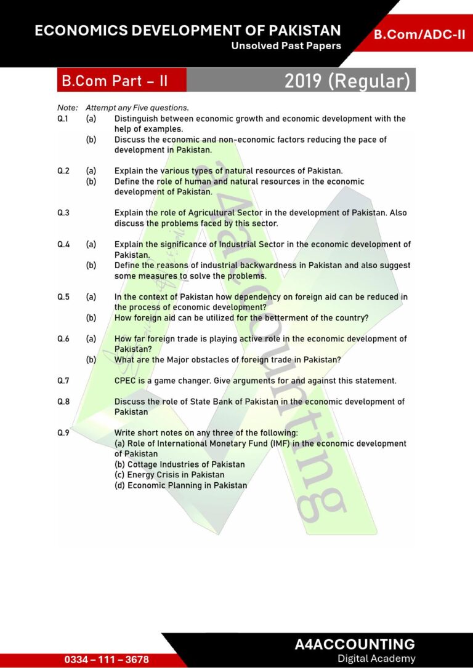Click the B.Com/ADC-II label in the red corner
tap(419, 34)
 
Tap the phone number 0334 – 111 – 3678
tap(107, 659)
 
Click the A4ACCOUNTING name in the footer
tap(355, 644)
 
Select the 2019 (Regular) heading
tap(347, 81)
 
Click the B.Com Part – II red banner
tap(115, 81)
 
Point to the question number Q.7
tap(63, 381)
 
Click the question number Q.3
tap(63, 213)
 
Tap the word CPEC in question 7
tap(125, 381)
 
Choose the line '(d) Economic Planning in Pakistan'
tap(180, 485)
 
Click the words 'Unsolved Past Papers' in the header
tap(286, 46)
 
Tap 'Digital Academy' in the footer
tap(376, 659)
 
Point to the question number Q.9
tap(63, 433)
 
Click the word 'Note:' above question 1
tap(68, 108)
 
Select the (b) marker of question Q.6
tap(91, 360)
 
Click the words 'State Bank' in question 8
tap(207, 402)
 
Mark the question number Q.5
tap(63, 297)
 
